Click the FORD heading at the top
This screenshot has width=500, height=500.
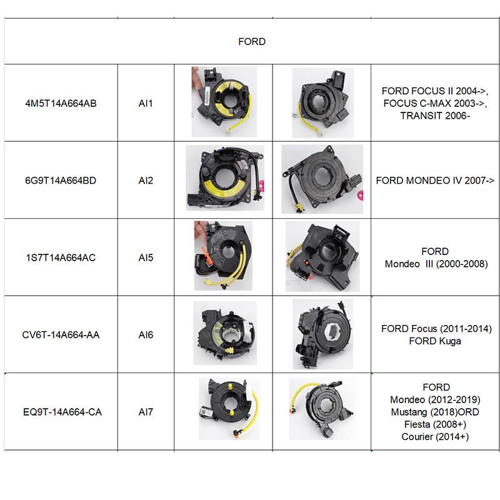pyautogui.click(x=252, y=42)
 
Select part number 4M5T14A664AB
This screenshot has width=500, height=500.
pyautogui.click(x=61, y=103)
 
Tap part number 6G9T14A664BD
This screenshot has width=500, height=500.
pyautogui.click(x=61, y=181)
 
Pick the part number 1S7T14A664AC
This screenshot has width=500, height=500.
pyautogui.click(x=61, y=257)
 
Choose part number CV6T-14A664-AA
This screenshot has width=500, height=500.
pyautogui.click(x=61, y=335)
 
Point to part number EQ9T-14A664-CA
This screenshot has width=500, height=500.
pyautogui.click(x=61, y=412)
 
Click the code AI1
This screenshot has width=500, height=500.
pyautogui.click(x=146, y=103)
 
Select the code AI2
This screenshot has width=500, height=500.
pyautogui.click(x=146, y=181)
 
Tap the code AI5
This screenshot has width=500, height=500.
pyautogui.click(x=146, y=257)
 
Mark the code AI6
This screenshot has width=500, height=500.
pyautogui.click(x=146, y=335)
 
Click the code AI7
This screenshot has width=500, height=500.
pyautogui.click(x=146, y=412)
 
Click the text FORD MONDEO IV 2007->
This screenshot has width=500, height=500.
pyautogui.click(x=435, y=181)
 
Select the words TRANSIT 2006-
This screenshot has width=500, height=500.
pyautogui.click(x=435, y=116)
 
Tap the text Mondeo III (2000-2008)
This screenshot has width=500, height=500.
pyautogui.click(x=436, y=264)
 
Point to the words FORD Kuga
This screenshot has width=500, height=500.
pyautogui.click(x=435, y=341)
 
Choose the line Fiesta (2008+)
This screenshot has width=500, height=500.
pyautogui.click(x=435, y=424)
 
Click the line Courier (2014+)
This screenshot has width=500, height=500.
pyautogui.click(x=435, y=437)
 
